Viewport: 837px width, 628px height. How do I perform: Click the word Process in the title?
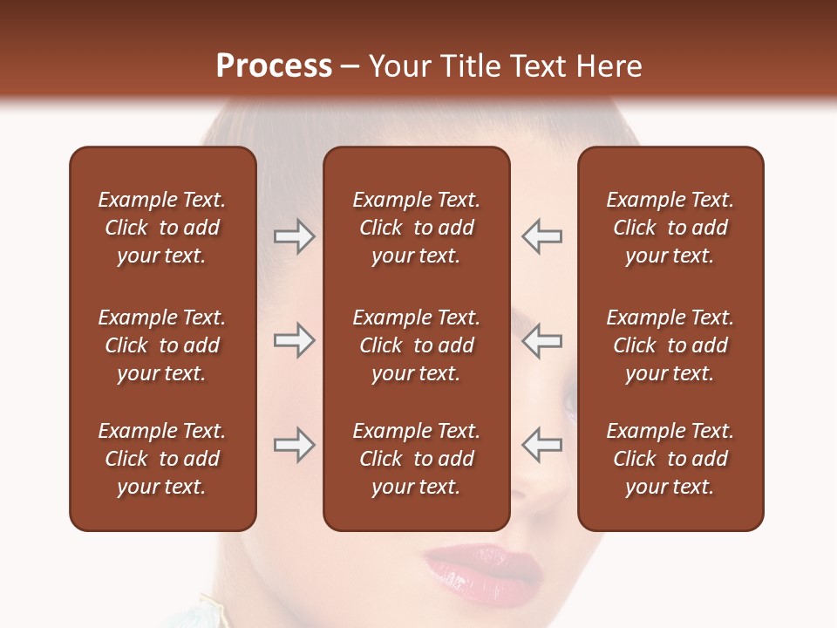[274, 66]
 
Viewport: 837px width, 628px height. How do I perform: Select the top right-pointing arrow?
[294, 236]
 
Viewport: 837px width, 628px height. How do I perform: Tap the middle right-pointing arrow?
[294, 340]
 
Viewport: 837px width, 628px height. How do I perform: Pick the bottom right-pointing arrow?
[294, 445]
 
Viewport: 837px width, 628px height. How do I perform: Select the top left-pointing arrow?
[541, 236]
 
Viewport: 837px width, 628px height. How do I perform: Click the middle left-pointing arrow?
[541, 340]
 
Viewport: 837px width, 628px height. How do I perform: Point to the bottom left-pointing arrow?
[541, 445]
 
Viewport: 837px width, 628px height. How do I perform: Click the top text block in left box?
[162, 228]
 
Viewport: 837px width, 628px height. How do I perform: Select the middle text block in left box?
[162, 345]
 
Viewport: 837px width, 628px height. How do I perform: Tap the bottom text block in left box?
[162, 459]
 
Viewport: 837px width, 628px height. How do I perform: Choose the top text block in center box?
[416, 228]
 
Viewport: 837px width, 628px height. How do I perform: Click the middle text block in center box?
[416, 345]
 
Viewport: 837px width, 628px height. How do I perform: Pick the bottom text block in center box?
[416, 459]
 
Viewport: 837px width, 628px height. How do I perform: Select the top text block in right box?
[670, 228]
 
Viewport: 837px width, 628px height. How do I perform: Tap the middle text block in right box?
[670, 345]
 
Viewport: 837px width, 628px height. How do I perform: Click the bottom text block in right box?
[670, 459]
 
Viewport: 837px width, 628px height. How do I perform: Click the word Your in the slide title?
[400, 66]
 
